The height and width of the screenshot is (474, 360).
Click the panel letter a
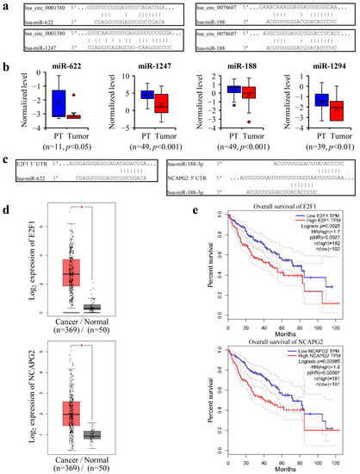pos(5,5)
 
